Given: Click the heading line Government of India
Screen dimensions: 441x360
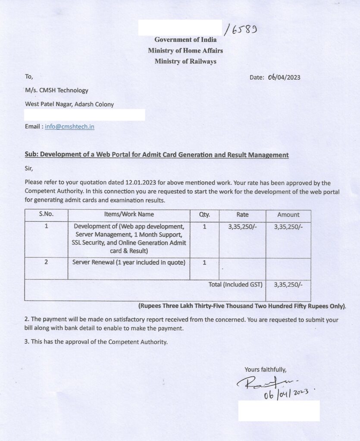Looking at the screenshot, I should pos(185,40).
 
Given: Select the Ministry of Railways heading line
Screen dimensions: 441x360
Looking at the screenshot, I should pos(185,62).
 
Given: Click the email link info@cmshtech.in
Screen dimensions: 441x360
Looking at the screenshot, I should pos(69,127).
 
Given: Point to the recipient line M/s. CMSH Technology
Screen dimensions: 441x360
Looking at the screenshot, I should pos(56,90).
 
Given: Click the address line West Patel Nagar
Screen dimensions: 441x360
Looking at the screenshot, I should pos(69,104).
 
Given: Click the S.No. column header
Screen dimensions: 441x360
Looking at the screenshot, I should pos(46,214).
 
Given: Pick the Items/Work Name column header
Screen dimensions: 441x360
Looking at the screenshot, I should pos(129,214).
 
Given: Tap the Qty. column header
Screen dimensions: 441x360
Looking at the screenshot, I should pos(204,214).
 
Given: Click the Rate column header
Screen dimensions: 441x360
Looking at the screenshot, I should pos(242,214).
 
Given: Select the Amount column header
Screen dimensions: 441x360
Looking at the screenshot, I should pos(288,214).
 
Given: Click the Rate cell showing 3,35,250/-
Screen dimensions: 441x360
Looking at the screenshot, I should pos(242,227).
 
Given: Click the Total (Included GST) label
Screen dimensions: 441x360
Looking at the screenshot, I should pos(235,285).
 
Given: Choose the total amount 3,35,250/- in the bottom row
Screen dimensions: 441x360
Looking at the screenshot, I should pos(288,285).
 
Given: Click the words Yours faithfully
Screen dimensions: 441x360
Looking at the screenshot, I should pos(265,370).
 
